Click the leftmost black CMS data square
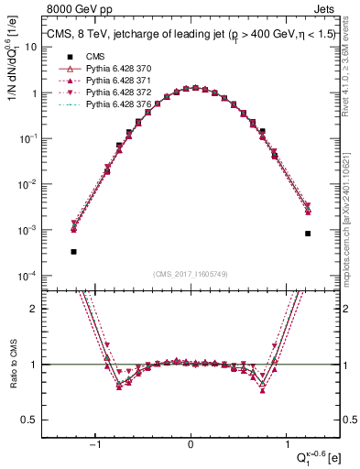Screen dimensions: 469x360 73,251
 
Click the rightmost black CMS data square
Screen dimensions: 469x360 309,234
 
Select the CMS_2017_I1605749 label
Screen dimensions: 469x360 191,275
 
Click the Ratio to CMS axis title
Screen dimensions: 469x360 11,365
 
